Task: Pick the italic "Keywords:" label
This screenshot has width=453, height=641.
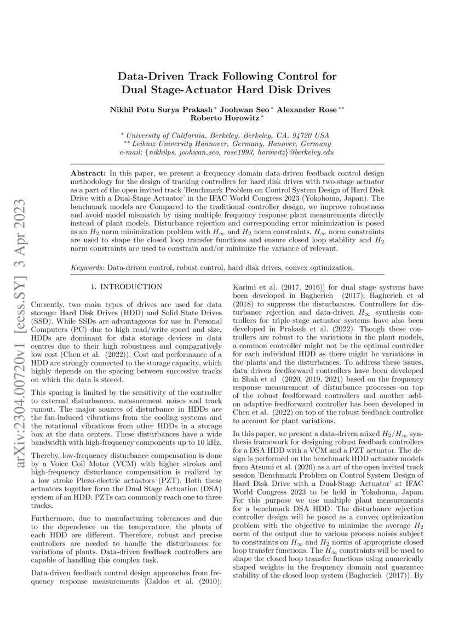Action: (88, 268)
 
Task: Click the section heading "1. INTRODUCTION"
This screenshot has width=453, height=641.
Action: (127, 287)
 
